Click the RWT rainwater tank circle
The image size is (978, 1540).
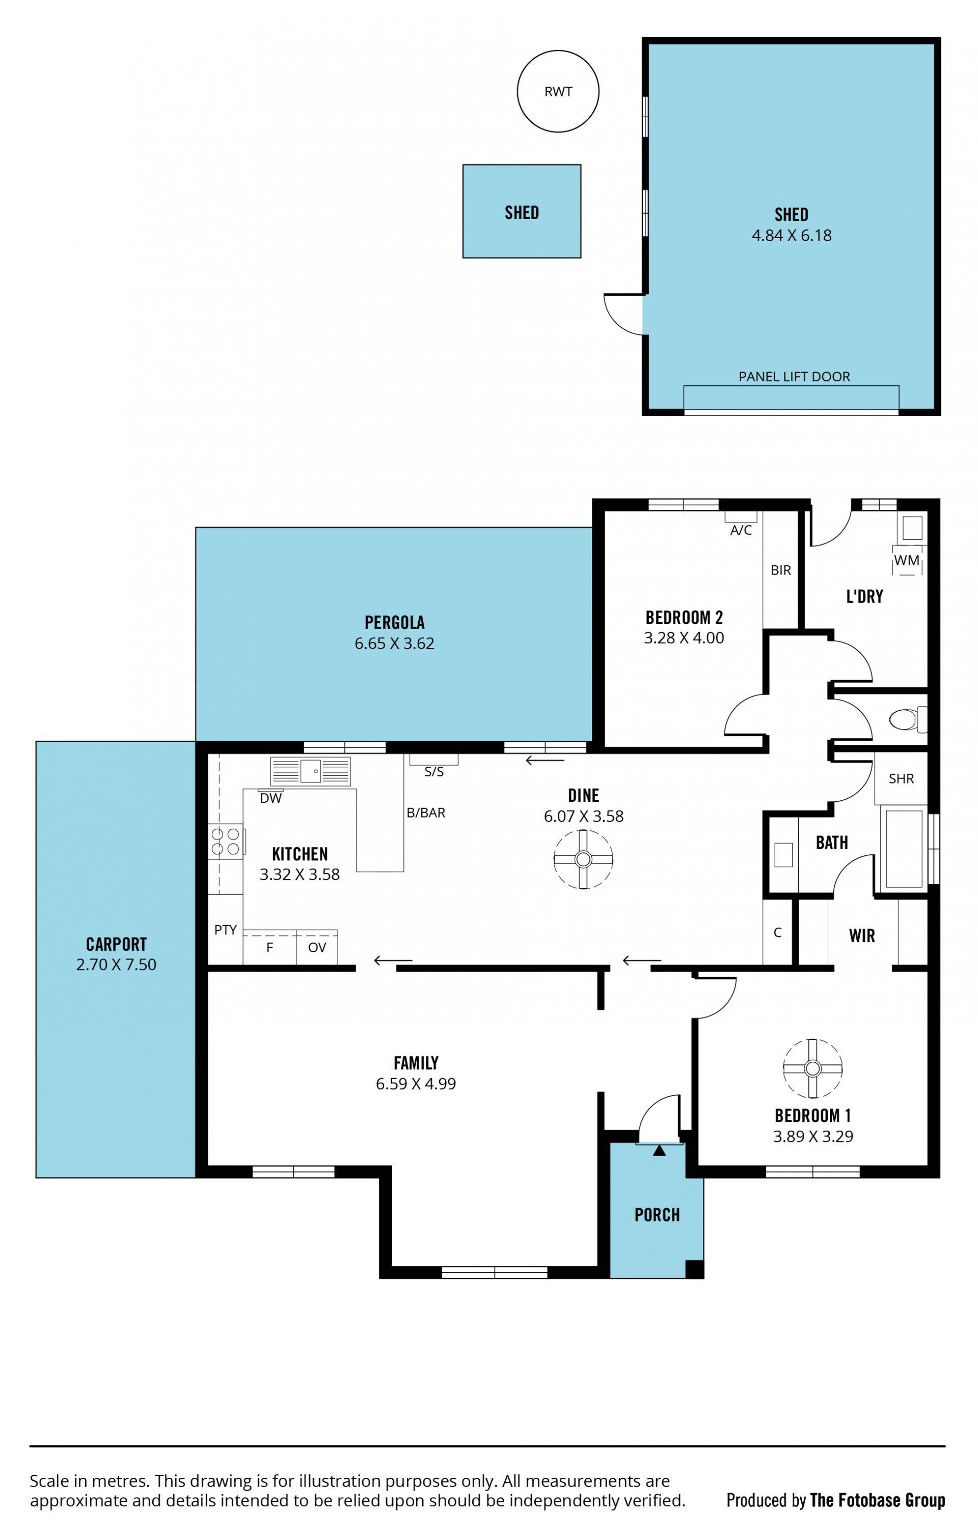click(558, 51)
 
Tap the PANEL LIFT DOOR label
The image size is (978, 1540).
click(794, 377)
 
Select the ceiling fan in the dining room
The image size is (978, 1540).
click(583, 859)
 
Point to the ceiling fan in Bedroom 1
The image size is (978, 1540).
click(812, 1068)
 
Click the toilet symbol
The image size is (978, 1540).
click(908, 719)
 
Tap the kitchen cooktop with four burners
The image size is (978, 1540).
click(225, 841)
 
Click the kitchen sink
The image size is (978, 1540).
click(311, 771)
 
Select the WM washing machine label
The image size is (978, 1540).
click(906, 560)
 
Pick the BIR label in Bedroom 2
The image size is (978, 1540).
click(780, 570)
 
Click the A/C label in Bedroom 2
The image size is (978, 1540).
click(741, 530)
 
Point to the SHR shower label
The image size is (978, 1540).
click(901, 778)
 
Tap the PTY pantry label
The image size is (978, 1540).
click(225, 930)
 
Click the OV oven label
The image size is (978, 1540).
click(317, 947)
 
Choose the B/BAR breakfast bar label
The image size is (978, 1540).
click(426, 812)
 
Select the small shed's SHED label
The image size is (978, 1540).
click(522, 213)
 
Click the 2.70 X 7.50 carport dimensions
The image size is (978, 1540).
click(116, 964)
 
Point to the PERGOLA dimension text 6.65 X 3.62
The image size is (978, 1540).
click(394, 643)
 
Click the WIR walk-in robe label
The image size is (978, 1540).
click(862, 935)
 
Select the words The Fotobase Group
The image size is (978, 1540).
click(877, 1500)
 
